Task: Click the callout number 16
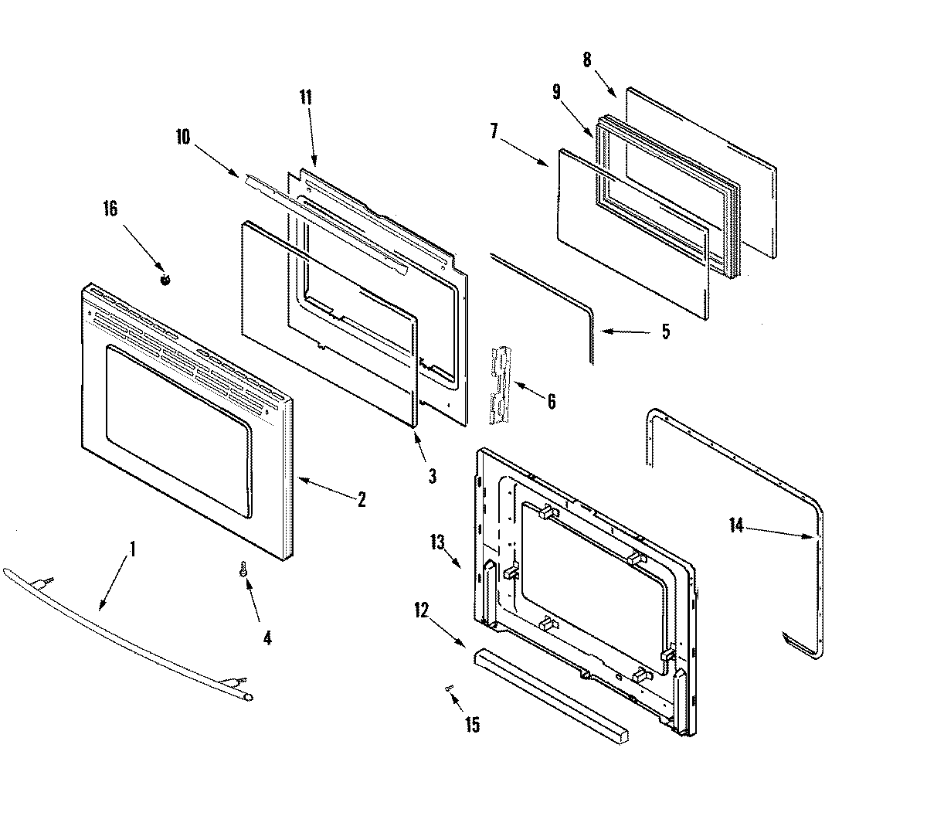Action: point(110,209)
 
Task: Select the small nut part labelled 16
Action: point(165,280)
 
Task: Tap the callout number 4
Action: point(267,638)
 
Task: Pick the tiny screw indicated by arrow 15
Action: point(448,687)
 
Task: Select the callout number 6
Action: point(550,401)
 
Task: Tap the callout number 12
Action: point(420,610)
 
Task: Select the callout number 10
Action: point(182,138)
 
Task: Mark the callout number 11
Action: point(306,97)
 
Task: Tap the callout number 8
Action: point(587,59)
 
